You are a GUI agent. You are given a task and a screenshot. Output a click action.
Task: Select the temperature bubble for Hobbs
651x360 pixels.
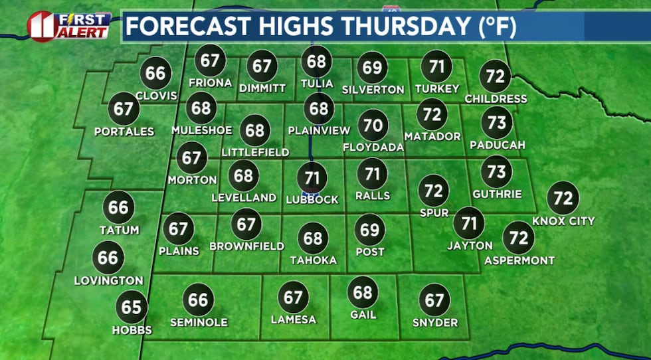coord(132,307)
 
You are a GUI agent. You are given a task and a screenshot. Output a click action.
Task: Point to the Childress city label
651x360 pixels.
coord(496,99)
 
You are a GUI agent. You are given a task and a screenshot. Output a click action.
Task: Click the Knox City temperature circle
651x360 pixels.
coord(563,198)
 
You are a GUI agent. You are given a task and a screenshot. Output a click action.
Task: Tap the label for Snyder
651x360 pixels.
coord(434,322)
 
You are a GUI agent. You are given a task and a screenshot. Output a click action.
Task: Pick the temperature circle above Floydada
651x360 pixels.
coord(374,124)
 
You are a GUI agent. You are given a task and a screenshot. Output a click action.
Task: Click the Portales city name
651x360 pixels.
coord(124,132)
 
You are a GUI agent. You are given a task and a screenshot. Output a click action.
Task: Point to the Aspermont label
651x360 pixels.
coord(519,260)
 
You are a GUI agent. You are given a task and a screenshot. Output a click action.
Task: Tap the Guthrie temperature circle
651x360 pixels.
coord(496,172)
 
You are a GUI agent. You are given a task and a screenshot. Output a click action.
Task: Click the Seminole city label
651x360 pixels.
coord(199,322)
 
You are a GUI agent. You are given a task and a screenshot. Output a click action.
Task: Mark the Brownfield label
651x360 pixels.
coord(246,246)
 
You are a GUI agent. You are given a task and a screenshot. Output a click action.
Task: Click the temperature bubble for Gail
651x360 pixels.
coord(363,292)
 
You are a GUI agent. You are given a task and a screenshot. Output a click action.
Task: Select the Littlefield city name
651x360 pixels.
coord(256,152)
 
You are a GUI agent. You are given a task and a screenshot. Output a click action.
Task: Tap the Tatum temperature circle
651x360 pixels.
coord(118,207)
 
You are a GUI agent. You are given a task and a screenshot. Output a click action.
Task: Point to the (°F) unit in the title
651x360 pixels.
coord(492,27)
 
